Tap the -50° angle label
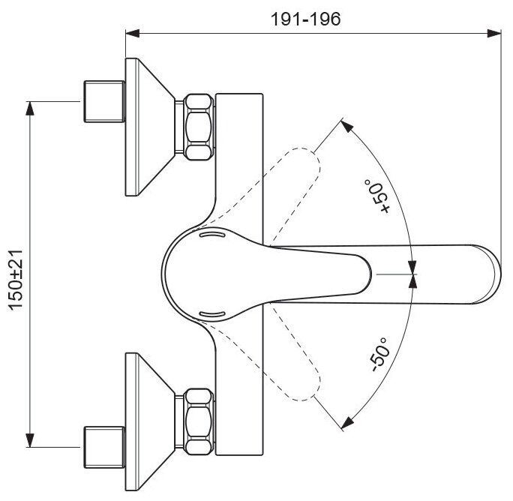[x=379, y=353]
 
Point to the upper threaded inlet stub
[x=102, y=100]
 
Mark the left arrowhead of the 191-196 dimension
[x=132, y=33]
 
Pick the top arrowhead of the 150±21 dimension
[x=30, y=108]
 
